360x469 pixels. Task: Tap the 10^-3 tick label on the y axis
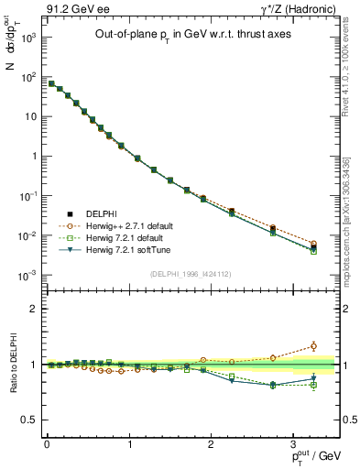[28, 275]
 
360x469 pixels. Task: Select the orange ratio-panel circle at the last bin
[314, 346]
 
